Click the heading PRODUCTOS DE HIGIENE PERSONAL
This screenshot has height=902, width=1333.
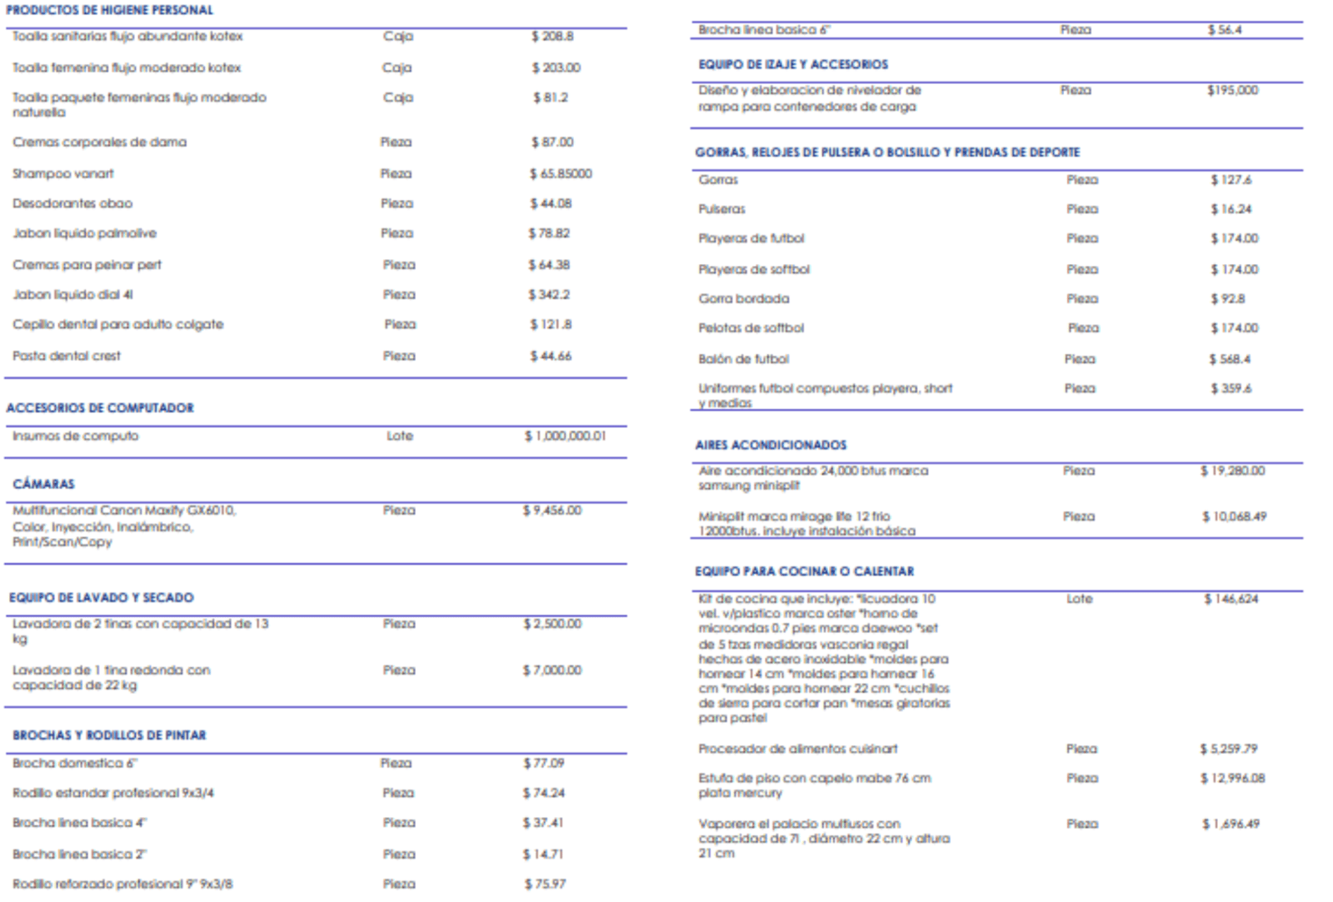[x=109, y=10]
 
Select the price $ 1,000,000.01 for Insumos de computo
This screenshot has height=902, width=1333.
[x=565, y=436]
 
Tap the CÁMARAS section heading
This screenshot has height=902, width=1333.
[x=43, y=484]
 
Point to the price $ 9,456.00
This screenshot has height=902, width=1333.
[x=552, y=510]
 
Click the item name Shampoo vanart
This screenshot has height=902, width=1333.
[x=62, y=173]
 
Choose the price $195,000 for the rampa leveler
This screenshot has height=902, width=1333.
[x=1232, y=90]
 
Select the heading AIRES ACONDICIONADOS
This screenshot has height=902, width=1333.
[x=771, y=445]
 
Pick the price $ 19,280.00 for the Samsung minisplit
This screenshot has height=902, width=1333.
[x=1232, y=471]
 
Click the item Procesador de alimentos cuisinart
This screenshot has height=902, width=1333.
[x=797, y=749]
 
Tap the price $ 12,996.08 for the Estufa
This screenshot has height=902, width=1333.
[x=1232, y=778]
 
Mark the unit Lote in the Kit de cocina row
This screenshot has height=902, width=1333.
[x=1079, y=599]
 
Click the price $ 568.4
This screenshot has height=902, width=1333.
[x=1230, y=359]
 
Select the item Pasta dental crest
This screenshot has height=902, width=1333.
[x=66, y=356]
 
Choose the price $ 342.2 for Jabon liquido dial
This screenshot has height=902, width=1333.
[x=549, y=295]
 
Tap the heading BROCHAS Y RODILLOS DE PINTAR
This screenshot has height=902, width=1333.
[x=109, y=735]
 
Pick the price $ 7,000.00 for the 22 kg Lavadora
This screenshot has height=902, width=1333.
[x=552, y=670]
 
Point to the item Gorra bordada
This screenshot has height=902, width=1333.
[x=743, y=298]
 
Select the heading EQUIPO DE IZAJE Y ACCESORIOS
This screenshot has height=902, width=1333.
[x=793, y=64]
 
